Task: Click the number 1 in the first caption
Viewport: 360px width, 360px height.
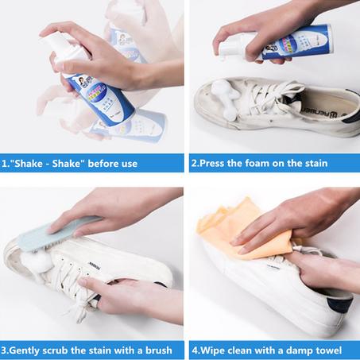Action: click(x=6, y=164)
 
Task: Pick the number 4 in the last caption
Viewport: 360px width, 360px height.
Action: click(x=193, y=347)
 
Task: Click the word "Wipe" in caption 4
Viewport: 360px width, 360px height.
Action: click(x=211, y=347)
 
